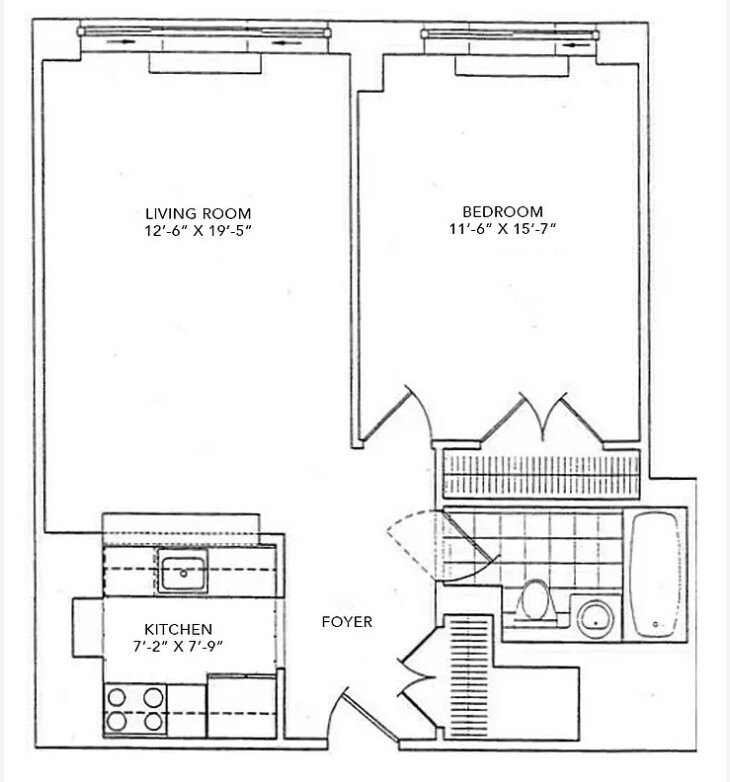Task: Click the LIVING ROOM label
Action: tap(198, 213)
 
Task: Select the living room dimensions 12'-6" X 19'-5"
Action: tap(198, 230)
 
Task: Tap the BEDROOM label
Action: tap(502, 211)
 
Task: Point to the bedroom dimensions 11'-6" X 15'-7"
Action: tap(502, 229)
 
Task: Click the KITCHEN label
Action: tap(178, 628)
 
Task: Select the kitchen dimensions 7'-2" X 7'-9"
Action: tap(178, 645)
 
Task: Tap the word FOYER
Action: tap(347, 622)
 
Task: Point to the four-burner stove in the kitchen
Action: tap(135, 708)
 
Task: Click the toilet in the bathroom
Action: tap(538, 602)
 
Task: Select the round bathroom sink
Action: tap(597, 616)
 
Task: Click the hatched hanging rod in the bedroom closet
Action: tap(541, 465)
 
